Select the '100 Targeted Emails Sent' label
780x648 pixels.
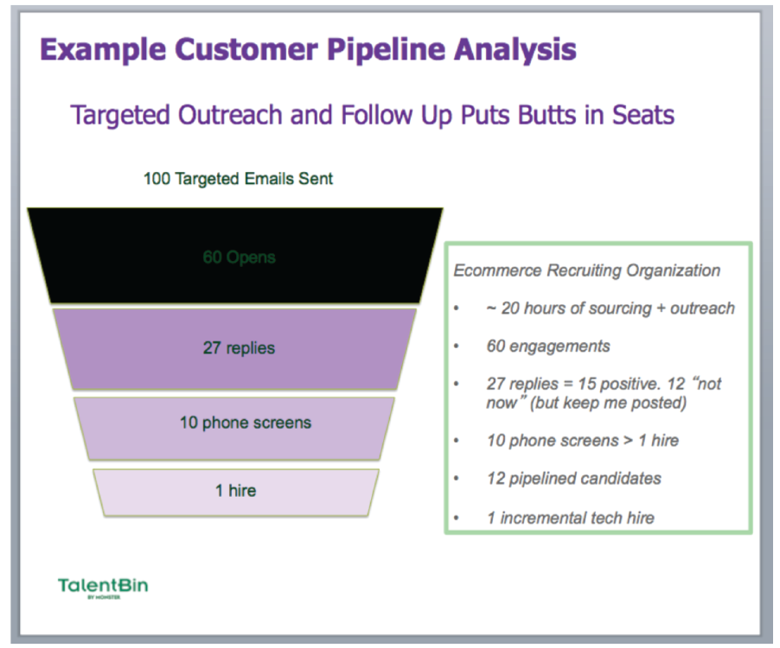coord(238,179)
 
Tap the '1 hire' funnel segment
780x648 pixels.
coord(235,491)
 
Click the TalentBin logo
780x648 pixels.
coord(103,587)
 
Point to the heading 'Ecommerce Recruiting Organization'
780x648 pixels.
coord(586,270)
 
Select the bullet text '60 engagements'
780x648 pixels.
coord(548,346)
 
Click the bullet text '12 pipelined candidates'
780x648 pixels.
coord(573,478)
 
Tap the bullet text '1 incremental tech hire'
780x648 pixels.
coord(570,518)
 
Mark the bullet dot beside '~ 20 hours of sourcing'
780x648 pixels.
coord(457,308)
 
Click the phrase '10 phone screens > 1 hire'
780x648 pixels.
coord(582,440)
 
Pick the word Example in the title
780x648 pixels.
coord(96,49)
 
